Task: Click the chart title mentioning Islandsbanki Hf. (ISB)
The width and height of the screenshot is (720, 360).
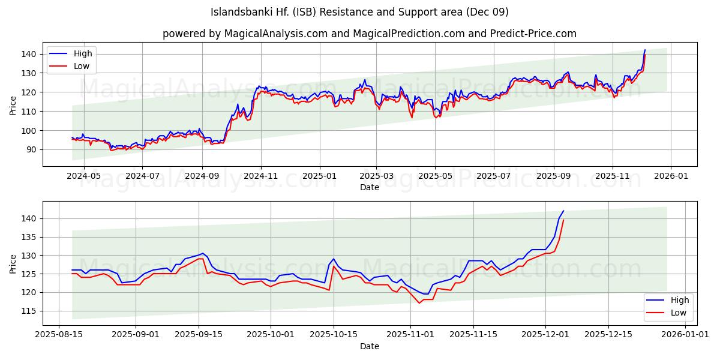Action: (x=360, y=12)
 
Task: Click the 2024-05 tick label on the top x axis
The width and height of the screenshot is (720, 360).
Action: (x=83, y=176)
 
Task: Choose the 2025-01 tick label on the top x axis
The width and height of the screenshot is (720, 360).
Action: (x=319, y=176)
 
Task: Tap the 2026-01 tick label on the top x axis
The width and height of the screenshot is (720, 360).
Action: (x=670, y=176)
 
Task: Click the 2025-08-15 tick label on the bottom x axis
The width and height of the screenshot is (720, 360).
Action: (x=59, y=335)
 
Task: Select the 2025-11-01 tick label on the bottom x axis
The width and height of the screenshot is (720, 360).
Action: (x=410, y=335)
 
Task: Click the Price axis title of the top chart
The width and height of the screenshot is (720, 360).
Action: (x=13, y=104)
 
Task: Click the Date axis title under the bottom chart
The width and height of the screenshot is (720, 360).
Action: (x=369, y=346)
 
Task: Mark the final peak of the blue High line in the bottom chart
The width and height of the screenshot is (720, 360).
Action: (x=563, y=211)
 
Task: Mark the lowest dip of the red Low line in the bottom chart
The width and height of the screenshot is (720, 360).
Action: (x=419, y=303)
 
